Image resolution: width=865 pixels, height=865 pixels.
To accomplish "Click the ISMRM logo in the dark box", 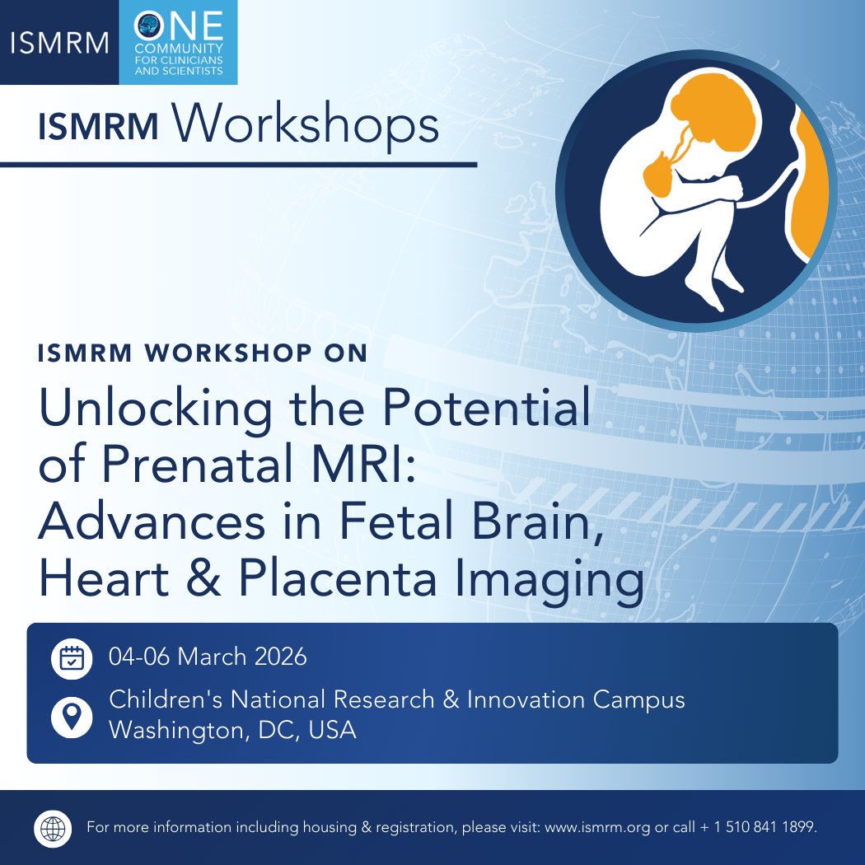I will click(60, 42).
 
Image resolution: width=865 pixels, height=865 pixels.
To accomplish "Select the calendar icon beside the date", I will click(72, 657).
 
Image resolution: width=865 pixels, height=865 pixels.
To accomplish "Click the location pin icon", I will click(72, 716).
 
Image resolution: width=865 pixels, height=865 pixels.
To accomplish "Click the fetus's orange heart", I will click(657, 174).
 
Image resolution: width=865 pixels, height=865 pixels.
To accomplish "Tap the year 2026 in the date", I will click(277, 657).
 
